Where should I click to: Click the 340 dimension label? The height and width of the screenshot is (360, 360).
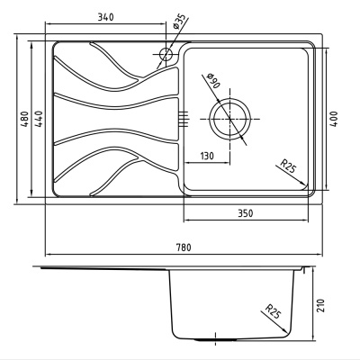pos(106,17)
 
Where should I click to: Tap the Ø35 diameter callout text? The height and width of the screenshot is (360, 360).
pos(179,22)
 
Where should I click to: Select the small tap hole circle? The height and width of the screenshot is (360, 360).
pos(166,54)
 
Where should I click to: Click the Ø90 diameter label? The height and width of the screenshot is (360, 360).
pos(213,80)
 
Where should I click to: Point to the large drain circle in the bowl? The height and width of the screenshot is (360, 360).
pos(229,99)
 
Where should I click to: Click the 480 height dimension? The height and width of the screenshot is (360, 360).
pos(25,119)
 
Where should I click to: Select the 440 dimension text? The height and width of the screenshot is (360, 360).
pos(40,119)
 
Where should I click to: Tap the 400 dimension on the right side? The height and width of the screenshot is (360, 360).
pos(334,119)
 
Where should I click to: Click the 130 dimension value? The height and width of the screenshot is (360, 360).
pos(207,156)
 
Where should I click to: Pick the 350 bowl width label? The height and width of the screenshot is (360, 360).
pos(246,213)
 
